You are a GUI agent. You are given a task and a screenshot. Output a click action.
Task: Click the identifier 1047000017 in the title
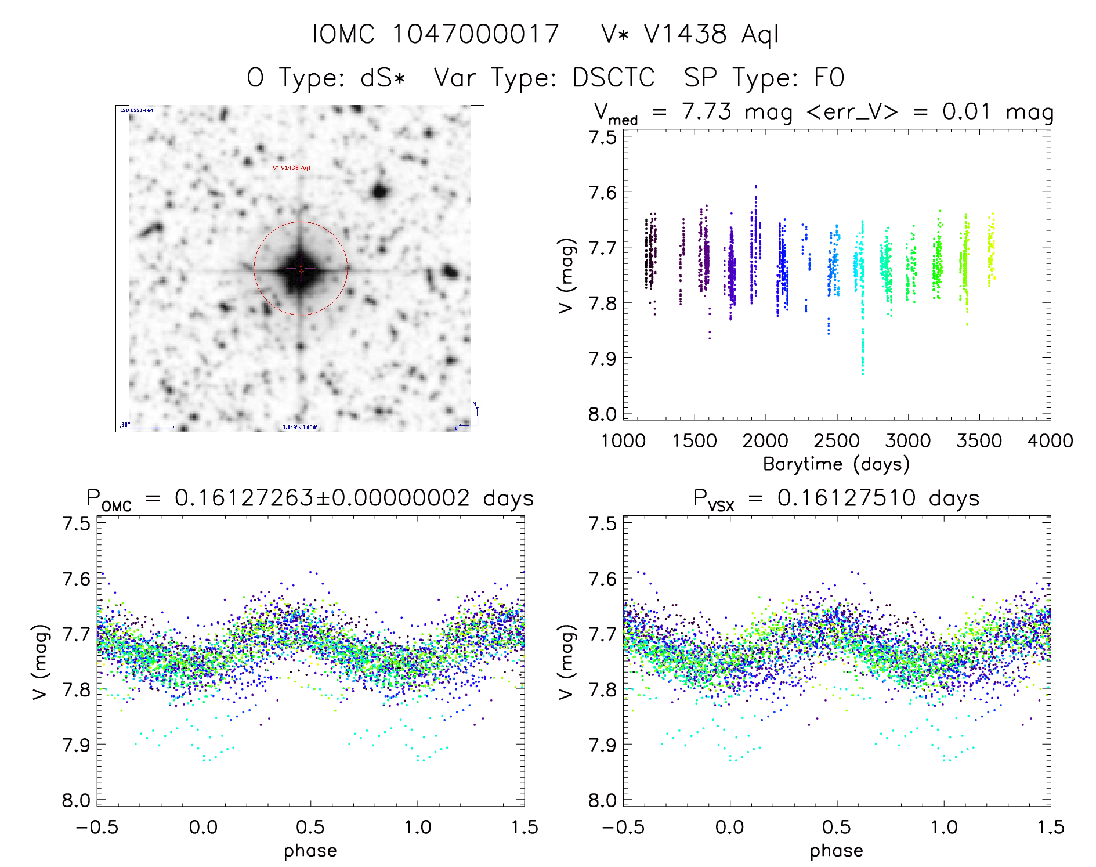475,34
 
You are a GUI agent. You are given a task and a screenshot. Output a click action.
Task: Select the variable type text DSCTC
613,78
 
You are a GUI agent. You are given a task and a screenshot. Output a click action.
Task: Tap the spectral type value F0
829,78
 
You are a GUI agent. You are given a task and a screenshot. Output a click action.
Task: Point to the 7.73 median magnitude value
707,111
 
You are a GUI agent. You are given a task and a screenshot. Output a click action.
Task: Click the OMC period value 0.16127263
244,498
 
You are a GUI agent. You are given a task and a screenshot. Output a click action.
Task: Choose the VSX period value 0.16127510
847,498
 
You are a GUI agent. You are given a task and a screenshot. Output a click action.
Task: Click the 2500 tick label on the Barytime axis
837,441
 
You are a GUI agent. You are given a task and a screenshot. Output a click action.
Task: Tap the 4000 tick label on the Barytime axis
1050,441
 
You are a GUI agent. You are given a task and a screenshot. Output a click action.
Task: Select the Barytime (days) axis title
836,464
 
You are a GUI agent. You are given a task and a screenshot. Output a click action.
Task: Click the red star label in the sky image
291,168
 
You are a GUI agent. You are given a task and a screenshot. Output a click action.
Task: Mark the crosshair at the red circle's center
301,268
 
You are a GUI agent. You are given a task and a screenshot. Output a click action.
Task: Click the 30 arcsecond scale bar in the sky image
147,427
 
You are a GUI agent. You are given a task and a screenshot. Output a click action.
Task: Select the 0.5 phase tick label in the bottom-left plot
310,827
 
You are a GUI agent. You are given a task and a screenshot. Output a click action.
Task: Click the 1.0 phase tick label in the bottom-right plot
944,827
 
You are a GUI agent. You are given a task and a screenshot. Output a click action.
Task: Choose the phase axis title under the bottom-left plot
310,851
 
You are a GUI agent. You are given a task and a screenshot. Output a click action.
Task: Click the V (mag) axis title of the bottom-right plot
567,662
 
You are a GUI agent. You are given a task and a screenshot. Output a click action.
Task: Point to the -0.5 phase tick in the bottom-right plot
623,827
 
